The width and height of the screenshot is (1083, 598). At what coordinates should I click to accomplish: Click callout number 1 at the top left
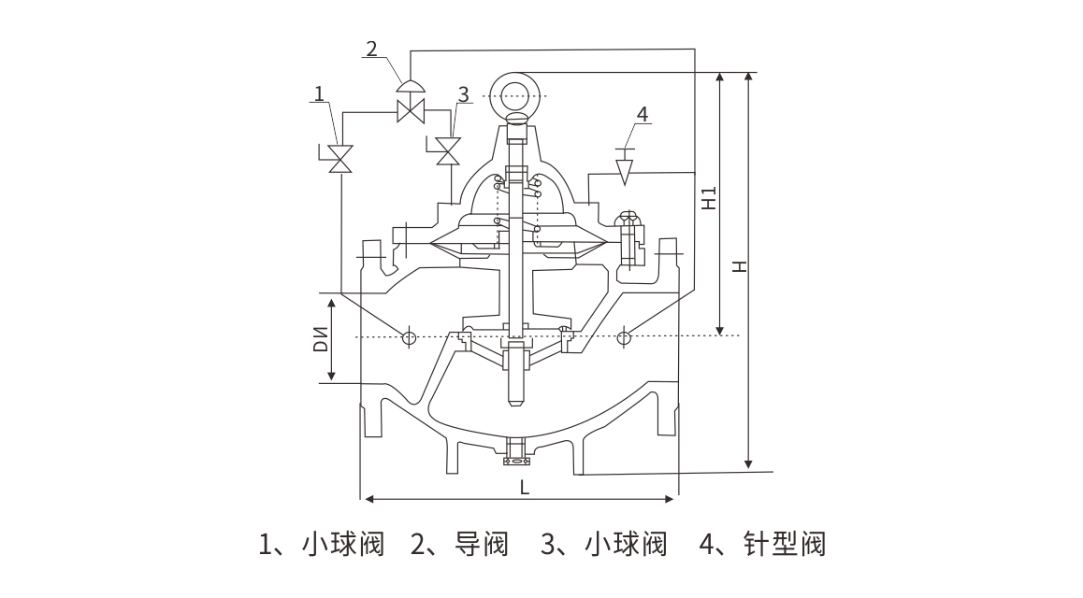[x=320, y=93]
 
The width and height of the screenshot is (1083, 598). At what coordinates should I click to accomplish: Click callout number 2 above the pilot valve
[x=372, y=49]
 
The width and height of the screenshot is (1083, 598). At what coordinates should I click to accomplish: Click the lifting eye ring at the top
[x=514, y=95]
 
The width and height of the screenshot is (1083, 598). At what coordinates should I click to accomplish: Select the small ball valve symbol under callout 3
[x=451, y=149]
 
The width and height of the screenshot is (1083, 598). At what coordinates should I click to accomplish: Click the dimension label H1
[x=710, y=198]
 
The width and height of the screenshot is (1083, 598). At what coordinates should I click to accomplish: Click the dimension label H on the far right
[x=739, y=266]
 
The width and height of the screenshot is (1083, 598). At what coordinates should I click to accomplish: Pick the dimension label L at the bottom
[x=524, y=487]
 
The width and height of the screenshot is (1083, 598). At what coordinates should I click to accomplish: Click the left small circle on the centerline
[x=408, y=336]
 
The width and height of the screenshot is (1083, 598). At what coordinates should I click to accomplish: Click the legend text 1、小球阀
[x=321, y=544]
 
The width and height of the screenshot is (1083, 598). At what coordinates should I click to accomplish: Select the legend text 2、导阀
[x=459, y=544]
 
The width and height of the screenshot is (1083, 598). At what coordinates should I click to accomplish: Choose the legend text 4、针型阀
[x=761, y=544]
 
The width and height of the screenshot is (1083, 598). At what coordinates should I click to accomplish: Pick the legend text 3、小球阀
[x=603, y=544]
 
